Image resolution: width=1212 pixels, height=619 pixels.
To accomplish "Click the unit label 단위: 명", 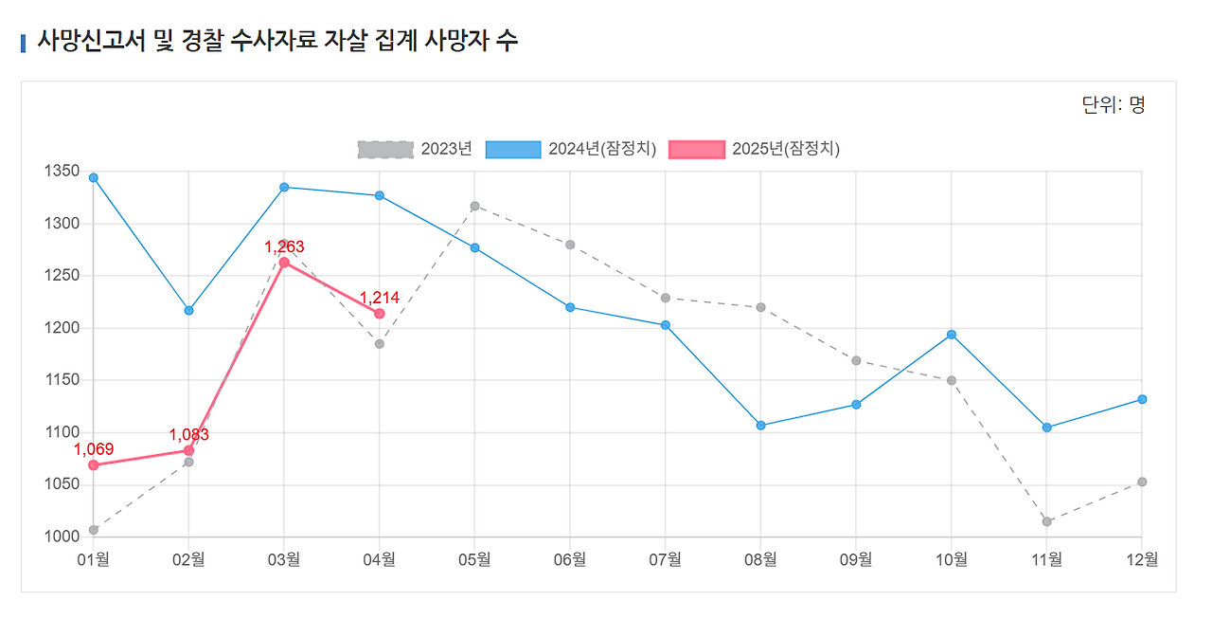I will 1113,105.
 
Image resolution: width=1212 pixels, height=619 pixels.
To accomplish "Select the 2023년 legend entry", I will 415,149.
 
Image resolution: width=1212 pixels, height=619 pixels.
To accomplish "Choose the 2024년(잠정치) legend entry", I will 570,149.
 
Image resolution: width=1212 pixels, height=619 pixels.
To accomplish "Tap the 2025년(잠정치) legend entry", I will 754,149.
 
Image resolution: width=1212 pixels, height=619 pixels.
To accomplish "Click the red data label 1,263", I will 284,247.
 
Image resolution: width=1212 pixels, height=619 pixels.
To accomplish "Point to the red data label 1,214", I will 379,298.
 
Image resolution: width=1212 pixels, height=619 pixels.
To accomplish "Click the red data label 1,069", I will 94,449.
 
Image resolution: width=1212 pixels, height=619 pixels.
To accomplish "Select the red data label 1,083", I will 188,435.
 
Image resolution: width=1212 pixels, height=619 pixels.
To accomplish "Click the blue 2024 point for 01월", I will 94,178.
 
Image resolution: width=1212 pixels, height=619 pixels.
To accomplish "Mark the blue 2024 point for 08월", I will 760,426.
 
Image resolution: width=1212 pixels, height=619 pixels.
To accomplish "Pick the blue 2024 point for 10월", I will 952,335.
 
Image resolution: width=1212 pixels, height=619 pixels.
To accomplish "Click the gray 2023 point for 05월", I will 474,206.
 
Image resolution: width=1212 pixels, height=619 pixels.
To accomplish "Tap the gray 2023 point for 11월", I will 1046,521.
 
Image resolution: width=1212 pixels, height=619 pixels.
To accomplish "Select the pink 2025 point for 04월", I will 379,314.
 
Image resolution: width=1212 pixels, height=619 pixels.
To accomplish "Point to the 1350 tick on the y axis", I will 62,172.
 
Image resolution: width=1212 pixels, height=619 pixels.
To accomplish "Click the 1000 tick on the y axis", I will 62,537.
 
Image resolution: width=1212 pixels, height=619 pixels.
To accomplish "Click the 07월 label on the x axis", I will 665,560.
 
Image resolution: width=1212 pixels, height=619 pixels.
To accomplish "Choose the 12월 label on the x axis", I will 1141,560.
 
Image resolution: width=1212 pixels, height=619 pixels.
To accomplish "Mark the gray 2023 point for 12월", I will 1142,482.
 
